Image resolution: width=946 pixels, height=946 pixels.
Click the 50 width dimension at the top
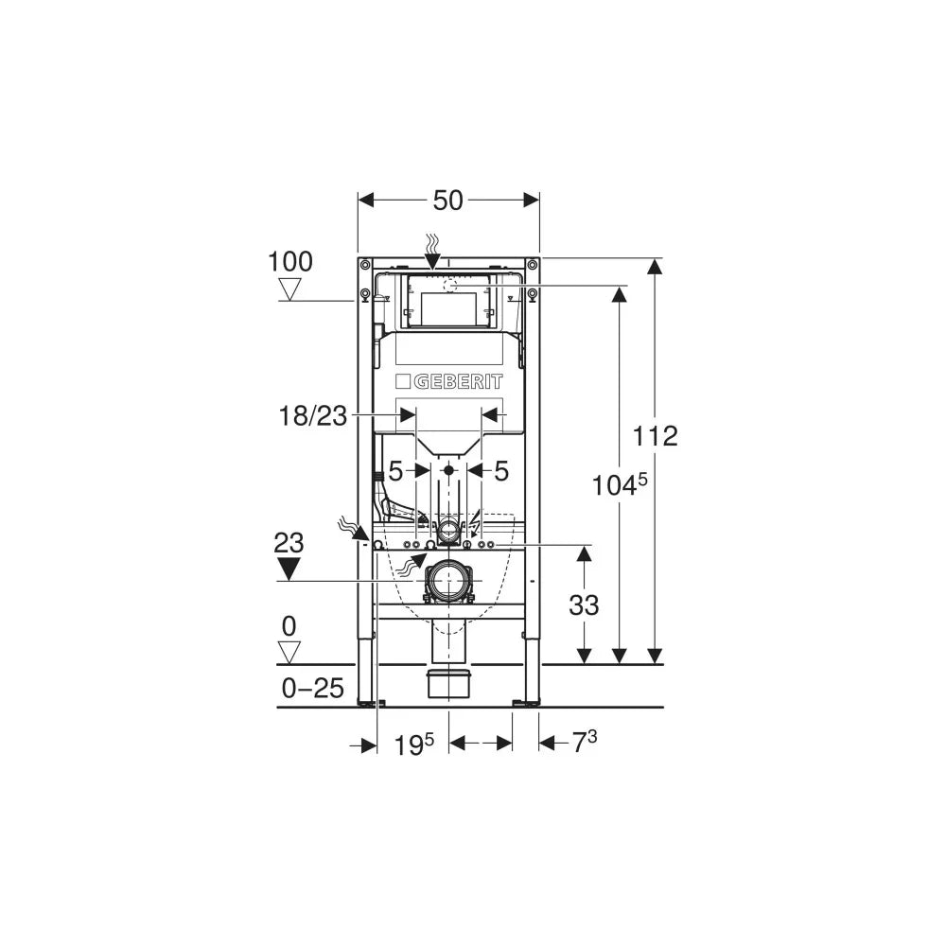[x=447, y=201]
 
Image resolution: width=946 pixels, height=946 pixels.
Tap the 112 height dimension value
[x=655, y=435]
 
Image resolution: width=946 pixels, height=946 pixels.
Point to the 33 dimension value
[x=584, y=605]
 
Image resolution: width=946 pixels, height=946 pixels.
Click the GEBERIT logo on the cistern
[x=448, y=381]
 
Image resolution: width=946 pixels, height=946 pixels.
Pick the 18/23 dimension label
[x=312, y=415]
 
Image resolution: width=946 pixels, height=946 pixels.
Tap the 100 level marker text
[x=290, y=262]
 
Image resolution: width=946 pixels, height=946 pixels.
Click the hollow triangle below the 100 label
[x=290, y=289]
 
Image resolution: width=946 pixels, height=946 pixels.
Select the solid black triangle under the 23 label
[x=289, y=569]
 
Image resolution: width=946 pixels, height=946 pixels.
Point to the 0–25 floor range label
[x=312, y=688]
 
